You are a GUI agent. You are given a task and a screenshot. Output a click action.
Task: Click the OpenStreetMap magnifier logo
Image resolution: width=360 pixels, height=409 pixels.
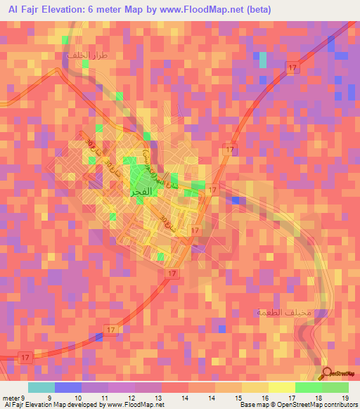[x=328, y=374]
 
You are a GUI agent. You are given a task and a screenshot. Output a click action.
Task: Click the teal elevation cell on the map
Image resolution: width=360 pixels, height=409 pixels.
[x=263, y=60]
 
